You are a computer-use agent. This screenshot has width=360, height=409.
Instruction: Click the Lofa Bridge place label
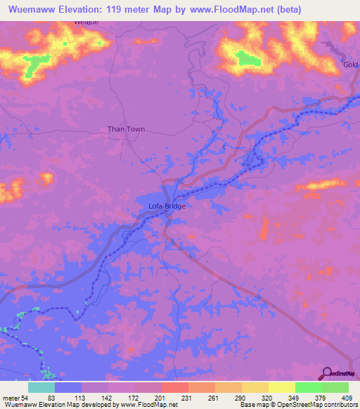pyautogui.click(x=166, y=206)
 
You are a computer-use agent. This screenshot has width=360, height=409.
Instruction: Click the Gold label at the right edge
pyautogui.click(x=351, y=65)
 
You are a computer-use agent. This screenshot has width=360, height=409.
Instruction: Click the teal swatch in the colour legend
pyautogui.click(x=41, y=388)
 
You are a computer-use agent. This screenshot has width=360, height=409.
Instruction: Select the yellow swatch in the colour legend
pyautogui.click(x=281, y=388)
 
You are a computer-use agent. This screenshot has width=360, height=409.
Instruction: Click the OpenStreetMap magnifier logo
pyautogui.click(x=327, y=373)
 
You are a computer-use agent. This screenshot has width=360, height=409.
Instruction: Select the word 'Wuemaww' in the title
pyautogui.click(x=32, y=10)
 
